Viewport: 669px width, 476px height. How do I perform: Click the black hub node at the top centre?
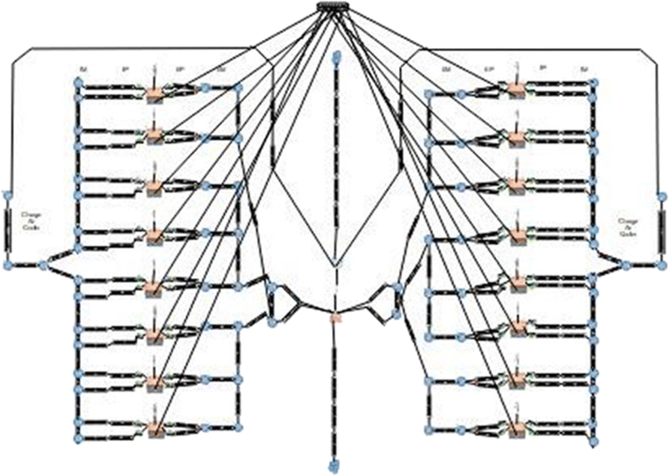[x=333, y=7]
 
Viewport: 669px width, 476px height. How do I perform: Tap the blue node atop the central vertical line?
[x=334, y=60]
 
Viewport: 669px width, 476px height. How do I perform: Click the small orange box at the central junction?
[x=334, y=317]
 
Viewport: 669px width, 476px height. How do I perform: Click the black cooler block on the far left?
[x=8, y=230]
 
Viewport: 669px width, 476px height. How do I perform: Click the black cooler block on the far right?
[x=662, y=230]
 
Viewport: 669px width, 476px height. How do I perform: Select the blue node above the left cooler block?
[x=8, y=195]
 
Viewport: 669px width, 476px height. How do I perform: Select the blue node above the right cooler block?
[x=662, y=197]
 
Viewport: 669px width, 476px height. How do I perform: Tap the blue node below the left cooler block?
[x=8, y=264]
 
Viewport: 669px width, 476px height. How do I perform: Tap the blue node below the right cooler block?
[x=662, y=264]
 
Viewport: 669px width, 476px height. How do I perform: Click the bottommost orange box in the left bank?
[x=156, y=429]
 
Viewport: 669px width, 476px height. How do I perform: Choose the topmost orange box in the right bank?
[x=516, y=90]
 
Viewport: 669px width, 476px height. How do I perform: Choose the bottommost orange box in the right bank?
[x=517, y=429]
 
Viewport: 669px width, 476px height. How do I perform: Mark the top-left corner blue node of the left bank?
[x=78, y=82]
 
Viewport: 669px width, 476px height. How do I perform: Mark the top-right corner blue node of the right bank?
[x=594, y=82]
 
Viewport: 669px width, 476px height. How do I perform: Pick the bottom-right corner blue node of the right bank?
[x=594, y=441]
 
